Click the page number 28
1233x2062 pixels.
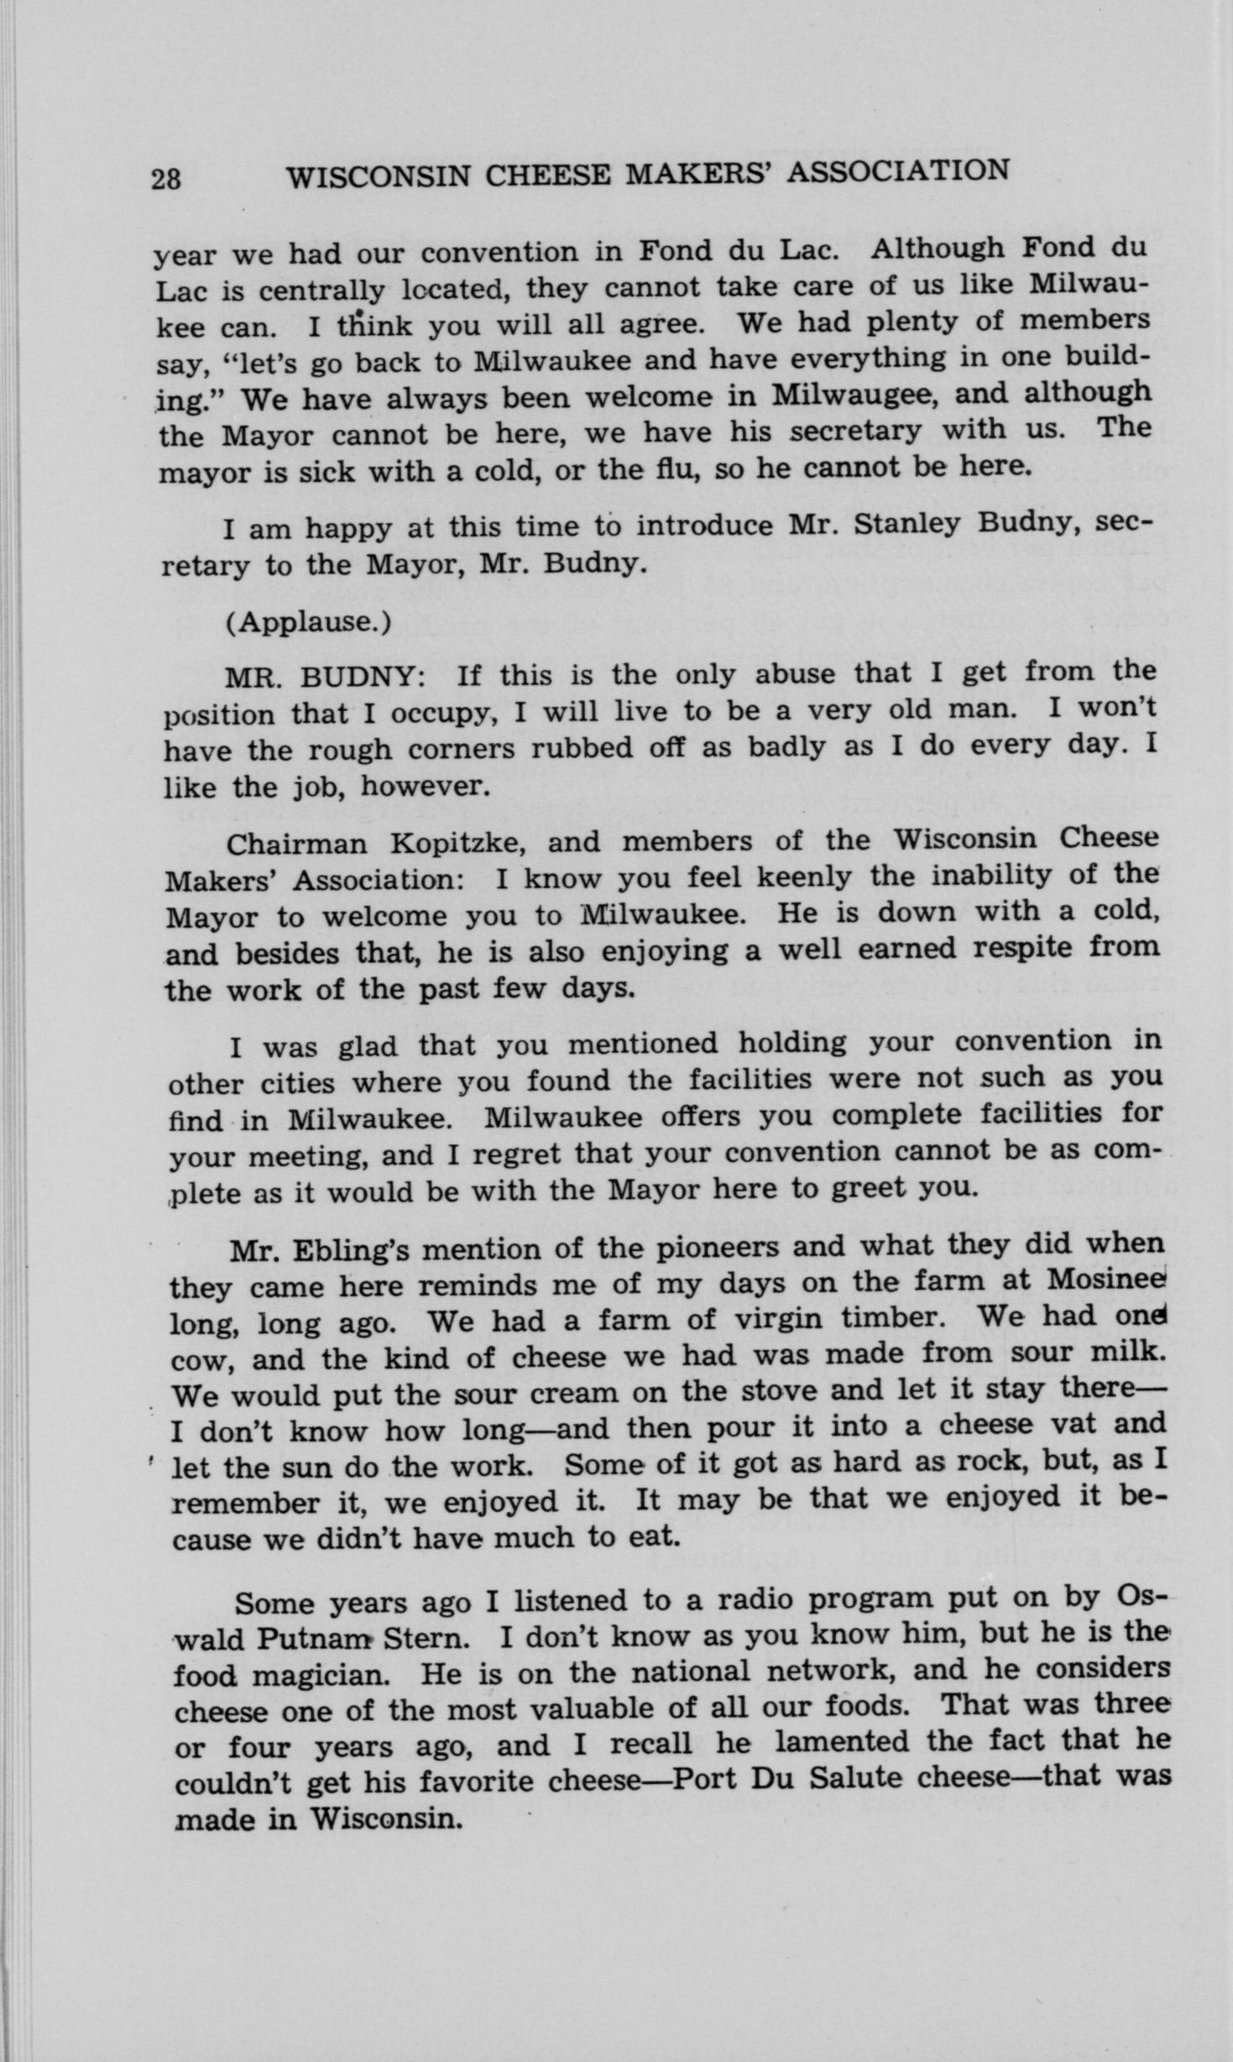point(166,179)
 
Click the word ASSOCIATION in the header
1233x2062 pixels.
point(901,171)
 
